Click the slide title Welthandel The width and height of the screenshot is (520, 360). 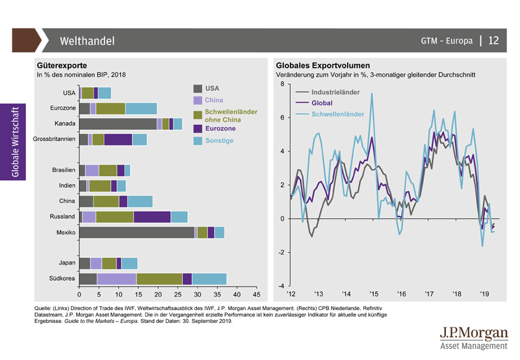(87, 41)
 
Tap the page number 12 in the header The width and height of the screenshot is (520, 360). (493, 40)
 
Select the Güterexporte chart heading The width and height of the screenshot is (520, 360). (62, 66)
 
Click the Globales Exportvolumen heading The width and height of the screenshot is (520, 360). (323, 66)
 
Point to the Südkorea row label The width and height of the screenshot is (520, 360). (62, 279)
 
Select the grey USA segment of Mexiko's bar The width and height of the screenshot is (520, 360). (136, 232)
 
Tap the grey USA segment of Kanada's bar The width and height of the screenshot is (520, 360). (118, 123)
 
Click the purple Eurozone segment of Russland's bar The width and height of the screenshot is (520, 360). (152, 216)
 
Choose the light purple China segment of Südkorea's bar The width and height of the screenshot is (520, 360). (116, 279)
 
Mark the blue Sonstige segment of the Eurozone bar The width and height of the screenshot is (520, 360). (141, 108)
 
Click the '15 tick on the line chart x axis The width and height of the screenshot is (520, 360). (373, 294)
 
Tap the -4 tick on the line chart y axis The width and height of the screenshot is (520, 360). (279, 286)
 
